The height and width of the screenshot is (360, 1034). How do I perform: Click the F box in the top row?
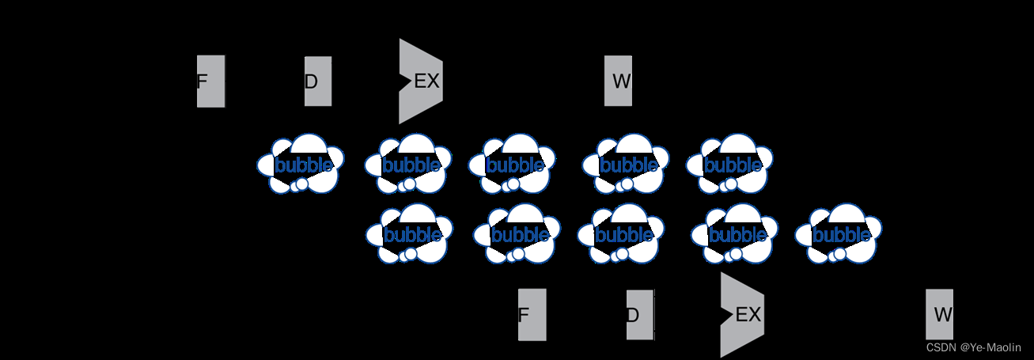(210, 81)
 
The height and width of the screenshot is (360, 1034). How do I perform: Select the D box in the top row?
(317, 81)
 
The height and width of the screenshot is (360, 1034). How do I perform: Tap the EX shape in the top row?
(420, 81)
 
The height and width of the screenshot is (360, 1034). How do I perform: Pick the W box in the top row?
(618, 81)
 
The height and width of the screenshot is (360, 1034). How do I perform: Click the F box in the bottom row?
(532, 314)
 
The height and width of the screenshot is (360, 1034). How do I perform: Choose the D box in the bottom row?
(640, 314)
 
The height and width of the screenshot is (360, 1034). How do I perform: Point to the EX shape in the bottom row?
(742, 314)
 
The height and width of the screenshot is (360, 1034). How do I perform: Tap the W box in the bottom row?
(940, 314)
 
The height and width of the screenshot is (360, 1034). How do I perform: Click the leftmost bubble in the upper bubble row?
(301, 165)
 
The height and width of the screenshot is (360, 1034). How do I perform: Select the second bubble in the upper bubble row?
(408, 165)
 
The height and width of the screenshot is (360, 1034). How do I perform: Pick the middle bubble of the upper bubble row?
(512, 165)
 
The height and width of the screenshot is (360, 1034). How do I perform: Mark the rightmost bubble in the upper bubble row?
(729, 165)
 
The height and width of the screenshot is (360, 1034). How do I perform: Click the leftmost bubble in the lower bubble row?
(409, 234)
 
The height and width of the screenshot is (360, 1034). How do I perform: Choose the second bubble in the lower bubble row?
(517, 234)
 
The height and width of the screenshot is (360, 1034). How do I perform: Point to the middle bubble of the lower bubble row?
(621, 234)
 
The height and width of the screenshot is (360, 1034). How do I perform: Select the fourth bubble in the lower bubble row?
(735, 234)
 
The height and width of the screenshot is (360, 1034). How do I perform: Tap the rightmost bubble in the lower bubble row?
(839, 234)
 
